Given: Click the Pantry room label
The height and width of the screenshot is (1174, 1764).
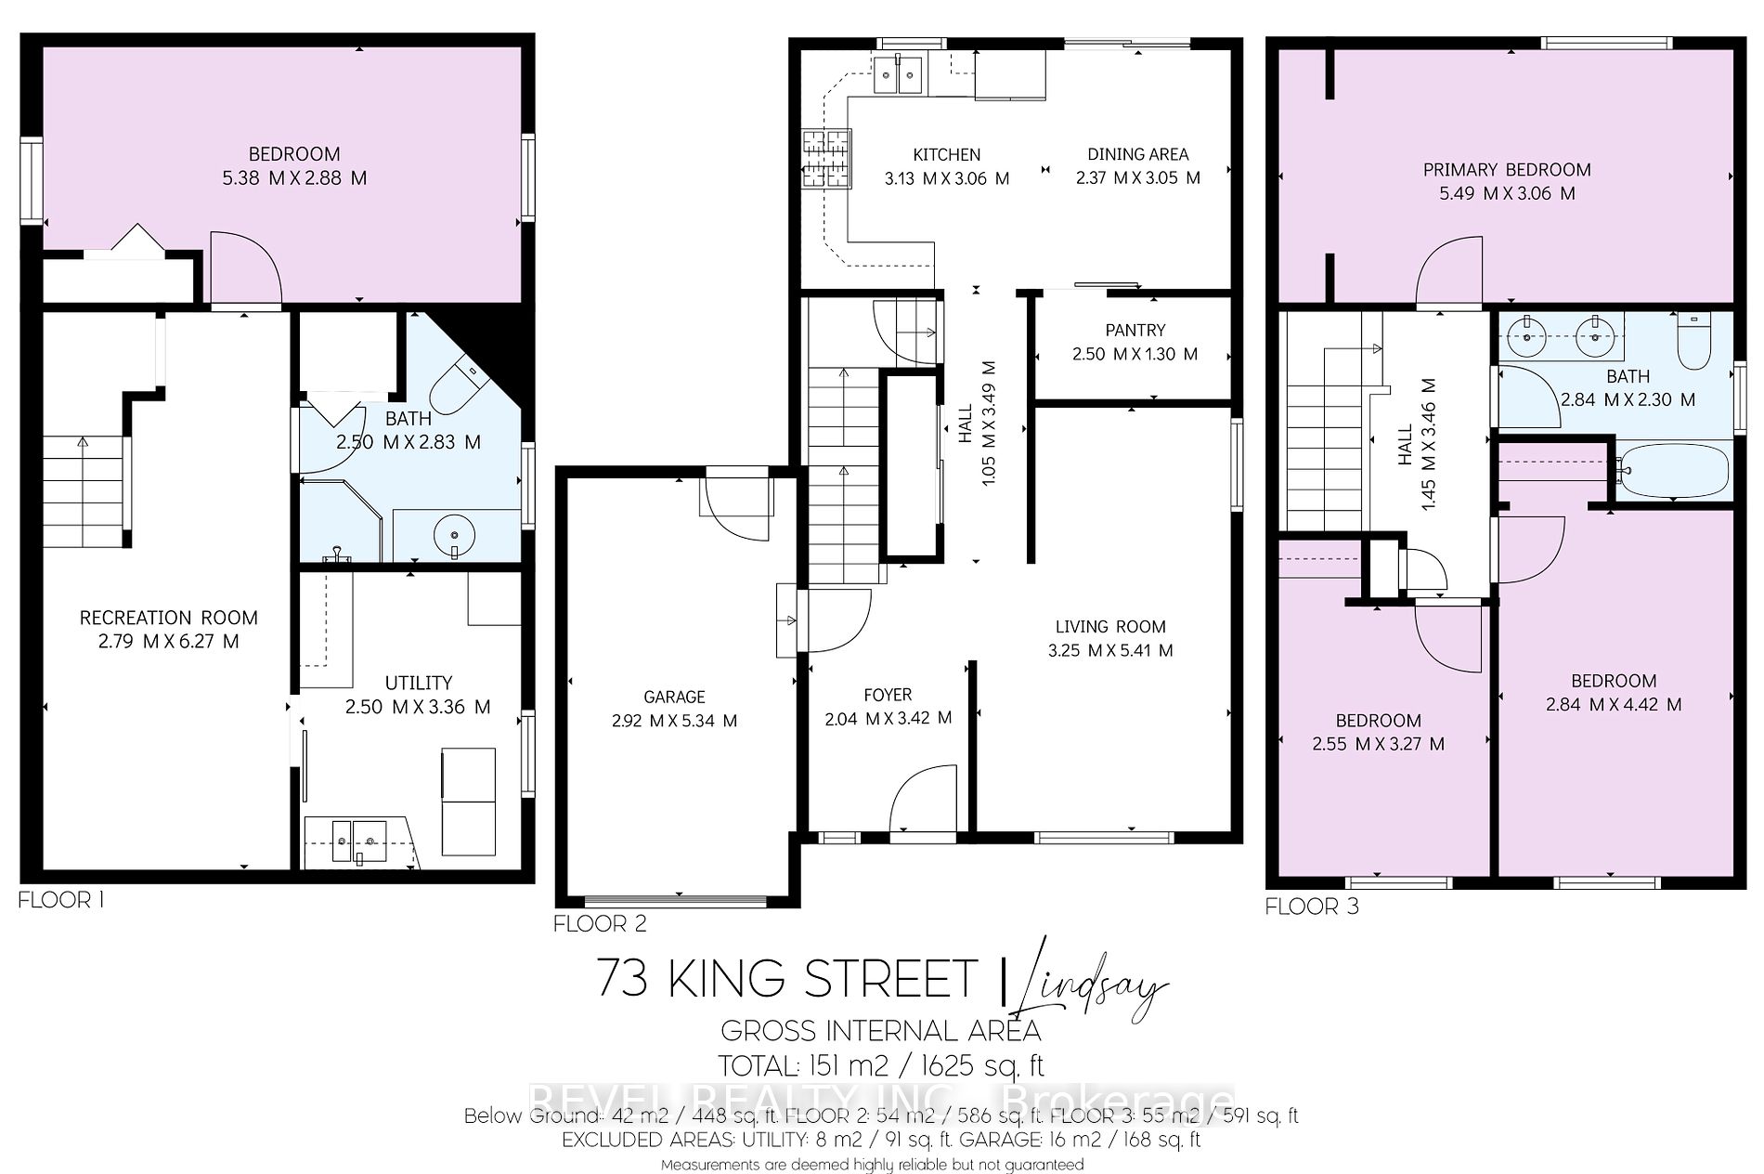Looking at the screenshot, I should point(1135,331).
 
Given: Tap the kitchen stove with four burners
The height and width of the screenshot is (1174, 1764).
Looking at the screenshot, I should point(825,158).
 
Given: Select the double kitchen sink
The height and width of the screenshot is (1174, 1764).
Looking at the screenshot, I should point(898,74).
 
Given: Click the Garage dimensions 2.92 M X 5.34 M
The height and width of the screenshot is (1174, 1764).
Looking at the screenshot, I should point(674,721).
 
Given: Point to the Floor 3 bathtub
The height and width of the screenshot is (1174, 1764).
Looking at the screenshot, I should point(1673,471).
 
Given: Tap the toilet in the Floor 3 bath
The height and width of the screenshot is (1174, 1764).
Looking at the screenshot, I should point(1695,344).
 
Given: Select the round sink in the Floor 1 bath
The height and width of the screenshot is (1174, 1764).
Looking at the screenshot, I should point(454,536).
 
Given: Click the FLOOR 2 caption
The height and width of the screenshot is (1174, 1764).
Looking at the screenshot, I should point(600,923).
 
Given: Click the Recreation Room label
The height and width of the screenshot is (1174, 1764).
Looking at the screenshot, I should point(168,618).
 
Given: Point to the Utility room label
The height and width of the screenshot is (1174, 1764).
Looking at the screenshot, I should point(418,683).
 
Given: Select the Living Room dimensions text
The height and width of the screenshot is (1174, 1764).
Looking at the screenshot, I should point(1110,651).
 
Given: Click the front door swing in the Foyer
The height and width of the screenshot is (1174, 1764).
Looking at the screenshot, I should point(921,799).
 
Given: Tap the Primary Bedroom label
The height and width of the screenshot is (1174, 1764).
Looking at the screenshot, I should point(1507,170).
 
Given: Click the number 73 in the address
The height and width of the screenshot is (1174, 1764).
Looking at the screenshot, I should point(622,978).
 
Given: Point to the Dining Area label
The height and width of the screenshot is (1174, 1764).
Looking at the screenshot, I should point(1137,154).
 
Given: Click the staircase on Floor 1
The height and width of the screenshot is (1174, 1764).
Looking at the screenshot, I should point(84,492).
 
